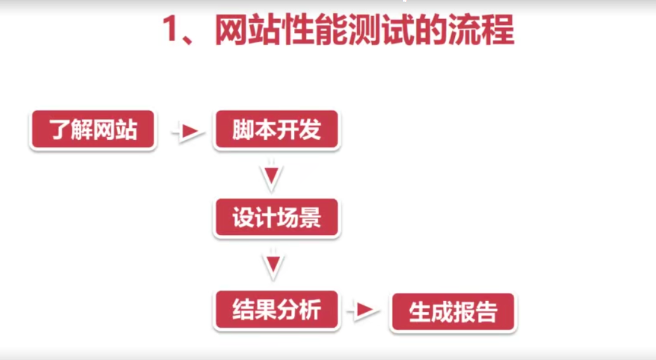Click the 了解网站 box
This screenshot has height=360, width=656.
tap(93, 131)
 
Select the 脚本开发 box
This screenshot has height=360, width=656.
tap(276, 131)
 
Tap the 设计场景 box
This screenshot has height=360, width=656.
tap(276, 219)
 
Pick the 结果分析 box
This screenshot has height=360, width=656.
tap(276, 311)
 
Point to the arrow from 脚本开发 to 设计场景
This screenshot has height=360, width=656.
tap(272, 177)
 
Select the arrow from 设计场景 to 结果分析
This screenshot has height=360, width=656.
tap(273, 266)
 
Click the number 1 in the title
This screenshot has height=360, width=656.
tap(172, 30)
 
